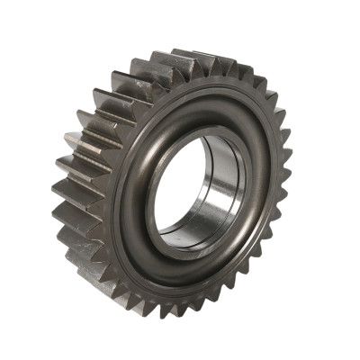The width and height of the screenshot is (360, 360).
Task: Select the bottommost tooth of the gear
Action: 193,314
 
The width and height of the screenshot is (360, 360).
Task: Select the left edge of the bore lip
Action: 148,193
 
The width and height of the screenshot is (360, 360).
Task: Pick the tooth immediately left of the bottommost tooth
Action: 171,310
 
